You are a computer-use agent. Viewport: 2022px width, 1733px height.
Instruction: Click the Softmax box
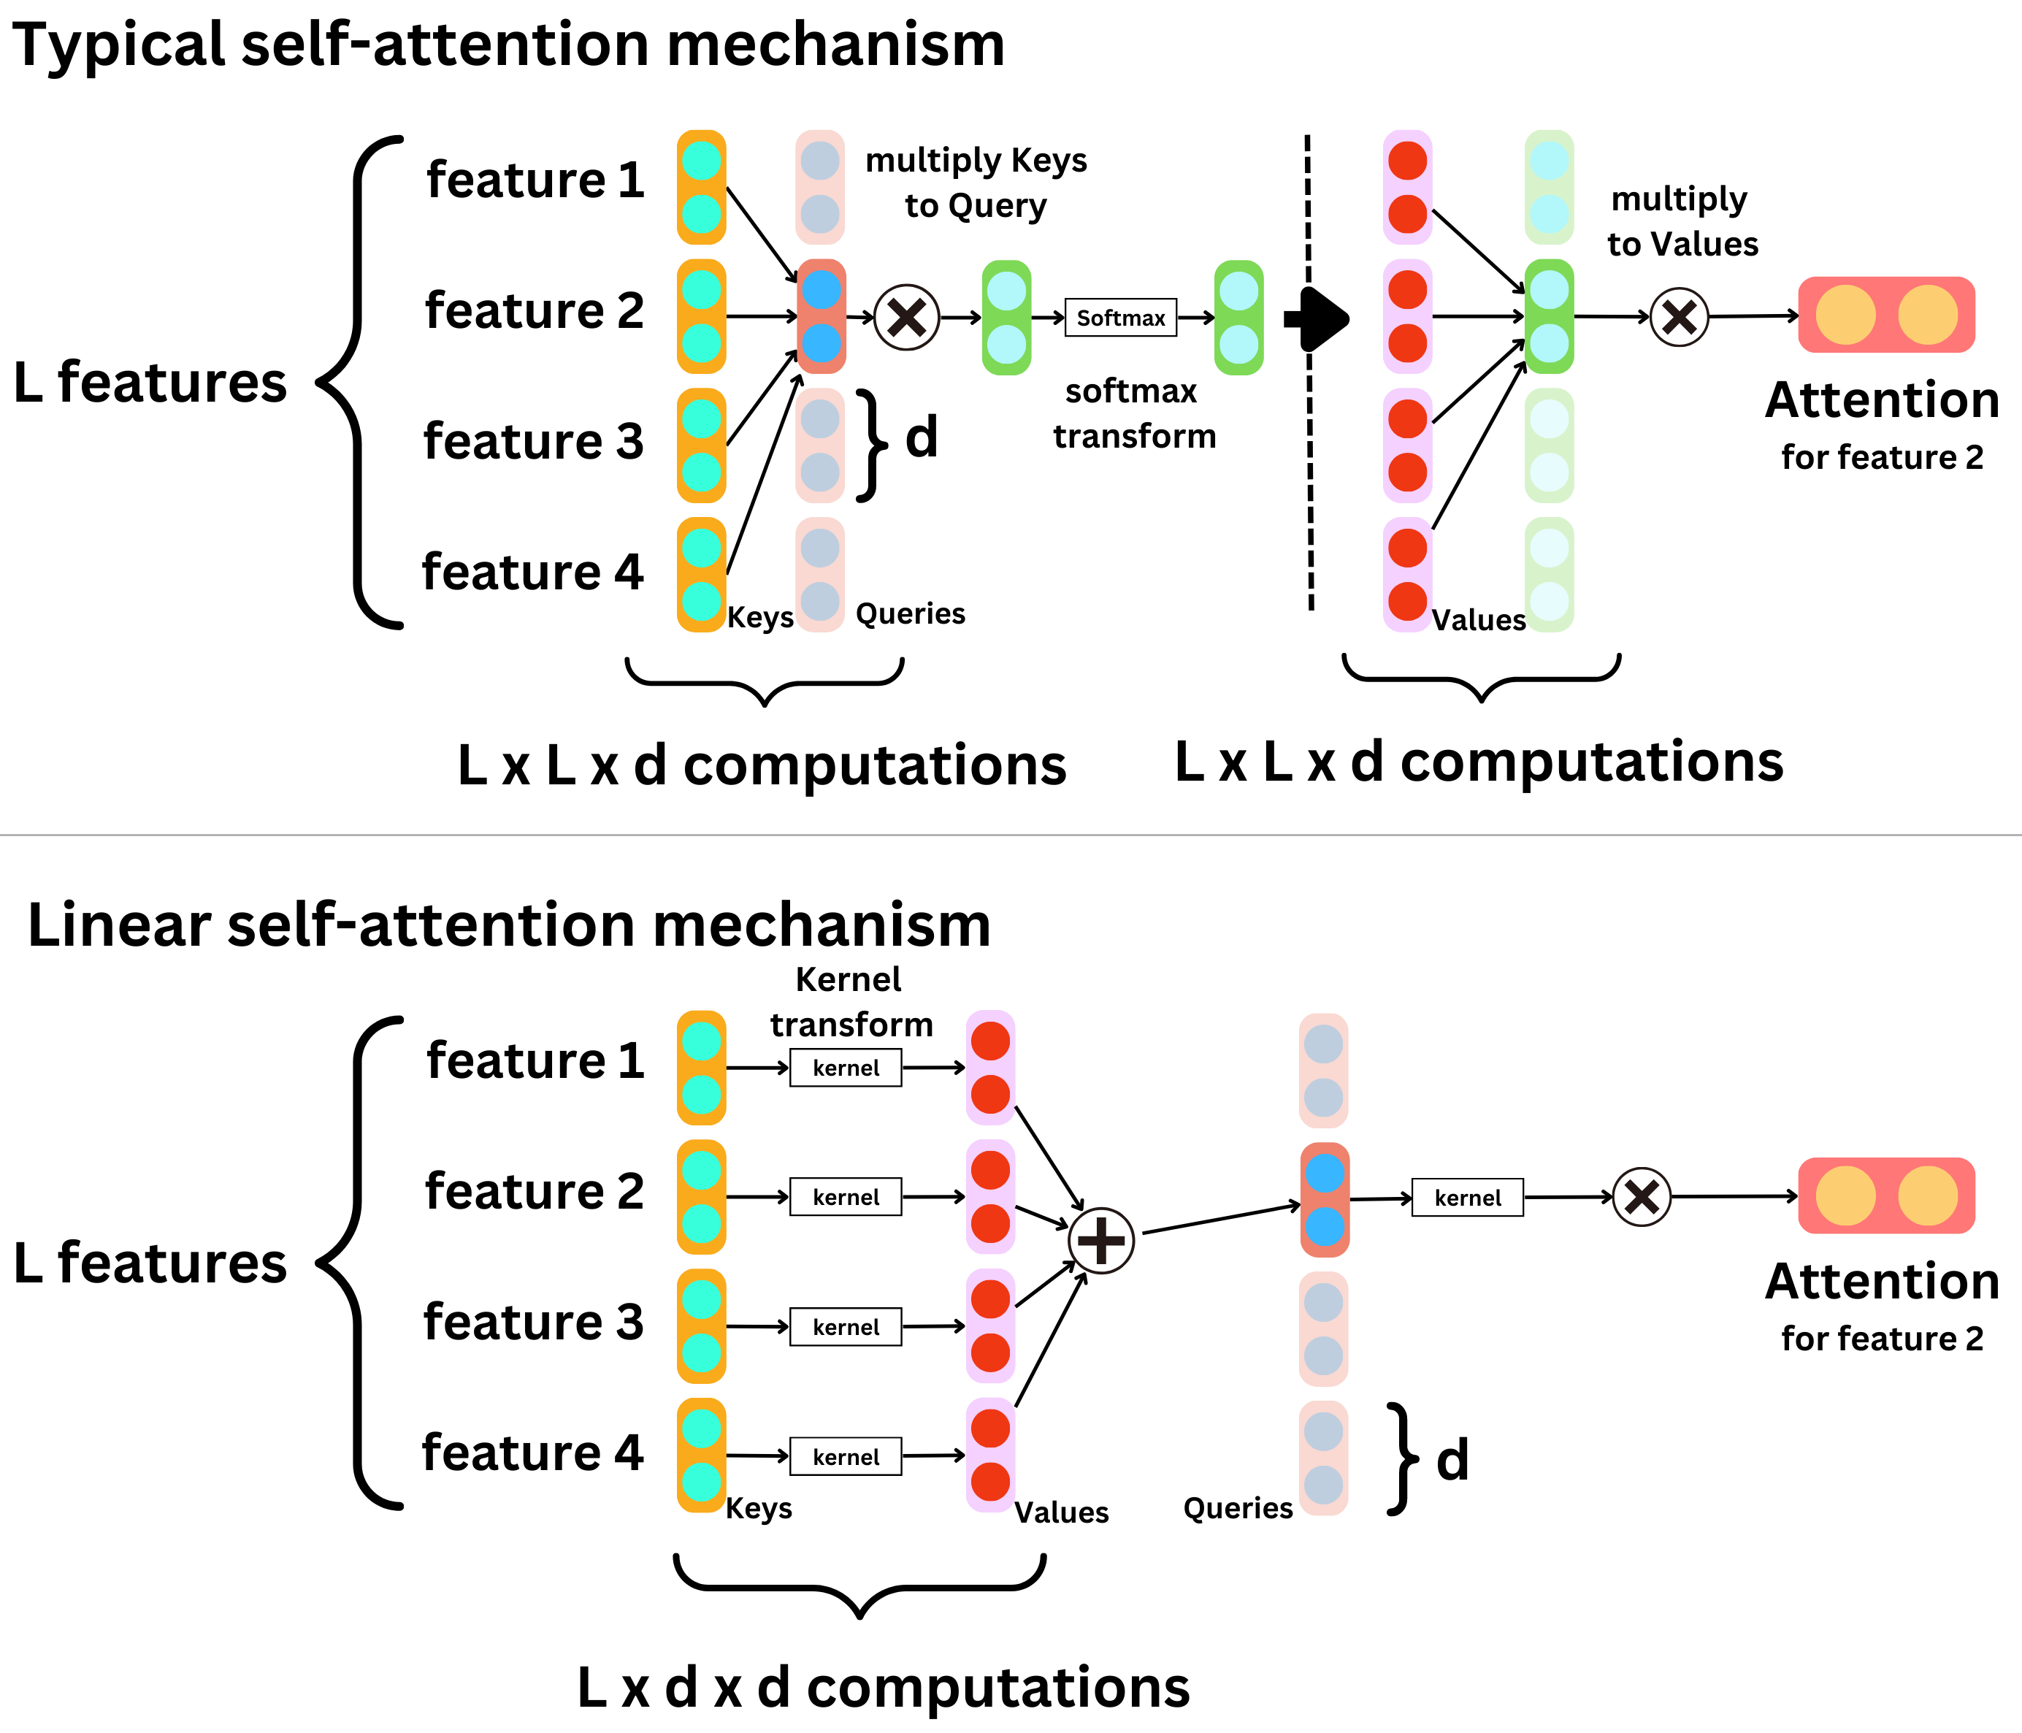click(1120, 317)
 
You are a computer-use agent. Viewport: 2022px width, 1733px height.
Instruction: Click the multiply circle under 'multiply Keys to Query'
click(907, 317)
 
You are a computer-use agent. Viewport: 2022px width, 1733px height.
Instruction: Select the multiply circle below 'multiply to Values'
click(1679, 317)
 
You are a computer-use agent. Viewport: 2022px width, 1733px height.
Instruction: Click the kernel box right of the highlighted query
click(1467, 1197)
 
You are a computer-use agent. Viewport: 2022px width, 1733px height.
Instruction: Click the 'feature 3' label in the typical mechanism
click(533, 441)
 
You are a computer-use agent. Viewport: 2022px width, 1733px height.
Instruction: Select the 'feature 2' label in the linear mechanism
click(534, 1191)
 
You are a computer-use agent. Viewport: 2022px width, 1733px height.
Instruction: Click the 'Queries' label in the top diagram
click(910, 613)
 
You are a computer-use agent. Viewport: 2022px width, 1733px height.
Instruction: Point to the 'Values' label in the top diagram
click(1477, 619)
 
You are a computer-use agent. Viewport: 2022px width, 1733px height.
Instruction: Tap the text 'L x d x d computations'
click(883, 1686)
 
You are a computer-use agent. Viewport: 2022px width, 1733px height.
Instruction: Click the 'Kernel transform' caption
click(850, 1001)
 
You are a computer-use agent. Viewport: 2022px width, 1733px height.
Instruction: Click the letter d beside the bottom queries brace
click(1452, 1460)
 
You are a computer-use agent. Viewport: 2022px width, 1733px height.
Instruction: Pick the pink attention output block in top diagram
click(1885, 315)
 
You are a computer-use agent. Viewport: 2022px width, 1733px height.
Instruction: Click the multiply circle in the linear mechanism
click(1642, 1196)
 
